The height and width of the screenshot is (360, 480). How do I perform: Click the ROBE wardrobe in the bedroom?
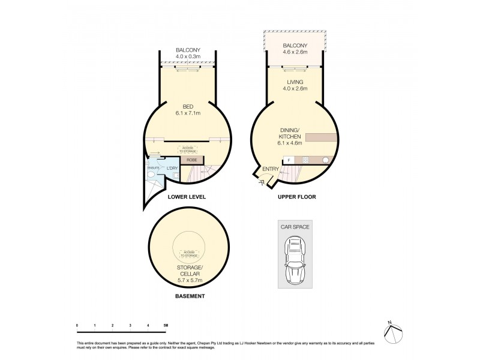coord(192,160)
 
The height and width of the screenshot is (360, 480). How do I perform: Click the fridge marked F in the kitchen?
coord(289,160)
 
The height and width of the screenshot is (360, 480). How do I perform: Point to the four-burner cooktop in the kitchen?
coord(305,160)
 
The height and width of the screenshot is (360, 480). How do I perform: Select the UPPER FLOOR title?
coord(298,197)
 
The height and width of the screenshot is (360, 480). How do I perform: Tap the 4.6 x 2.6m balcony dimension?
coord(295,52)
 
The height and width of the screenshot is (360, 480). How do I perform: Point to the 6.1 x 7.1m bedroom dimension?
coord(188,113)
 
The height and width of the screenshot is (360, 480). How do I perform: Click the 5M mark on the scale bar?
coord(166,325)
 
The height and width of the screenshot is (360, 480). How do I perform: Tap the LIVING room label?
coord(295,82)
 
